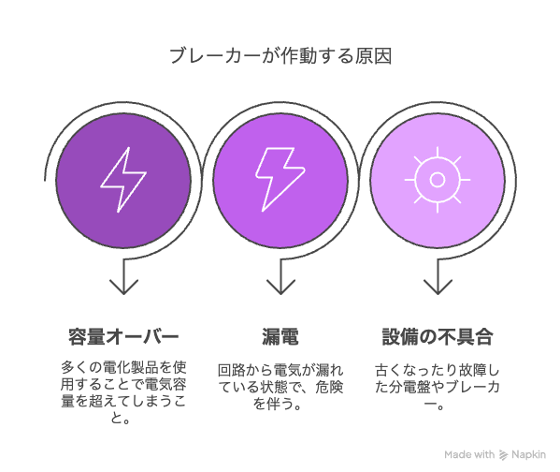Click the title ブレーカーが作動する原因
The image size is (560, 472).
pos(280,56)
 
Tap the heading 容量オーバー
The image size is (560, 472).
pos(123,337)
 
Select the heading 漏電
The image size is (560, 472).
pos(280,337)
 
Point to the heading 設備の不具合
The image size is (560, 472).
pos(438,337)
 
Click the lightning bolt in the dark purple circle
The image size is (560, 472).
pos(123,180)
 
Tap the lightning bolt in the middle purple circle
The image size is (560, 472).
pos(280,179)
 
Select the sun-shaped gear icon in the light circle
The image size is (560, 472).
pos(438,180)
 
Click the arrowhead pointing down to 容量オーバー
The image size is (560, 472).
pos(123,287)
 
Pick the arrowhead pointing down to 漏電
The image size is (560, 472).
pos(280,287)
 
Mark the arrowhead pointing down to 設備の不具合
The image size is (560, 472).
pos(438,287)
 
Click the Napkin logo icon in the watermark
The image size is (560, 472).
pos(503,455)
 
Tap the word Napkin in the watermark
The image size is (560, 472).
pos(528,455)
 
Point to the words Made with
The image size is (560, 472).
pos(469,455)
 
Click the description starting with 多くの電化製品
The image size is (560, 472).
pos(123,392)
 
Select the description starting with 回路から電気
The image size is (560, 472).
pos(280,387)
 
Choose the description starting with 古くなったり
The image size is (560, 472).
pos(438,387)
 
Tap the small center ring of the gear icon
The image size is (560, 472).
pos(438,180)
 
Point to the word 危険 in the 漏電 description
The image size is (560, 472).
pos(329,387)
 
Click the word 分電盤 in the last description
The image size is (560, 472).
pos(409,387)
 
